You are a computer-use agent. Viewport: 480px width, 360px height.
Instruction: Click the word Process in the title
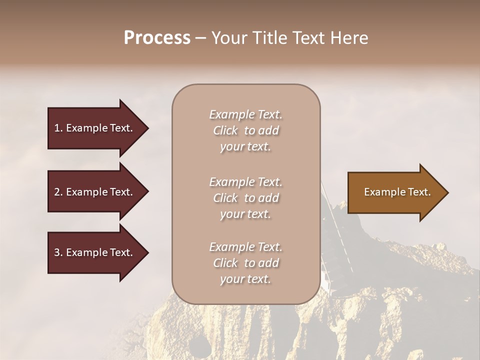[x=157, y=38]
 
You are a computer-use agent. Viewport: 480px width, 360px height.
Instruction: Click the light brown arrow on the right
[x=395, y=192]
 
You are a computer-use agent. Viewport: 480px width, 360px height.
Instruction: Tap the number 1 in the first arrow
[x=57, y=128]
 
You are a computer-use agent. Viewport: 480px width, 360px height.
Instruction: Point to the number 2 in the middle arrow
[x=57, y=192]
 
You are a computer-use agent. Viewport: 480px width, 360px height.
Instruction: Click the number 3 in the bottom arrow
[x=57, y=252]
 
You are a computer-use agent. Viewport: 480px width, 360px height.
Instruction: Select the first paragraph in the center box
[x=246, y=130]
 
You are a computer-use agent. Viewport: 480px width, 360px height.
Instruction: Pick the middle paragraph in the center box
[x=246, y=198]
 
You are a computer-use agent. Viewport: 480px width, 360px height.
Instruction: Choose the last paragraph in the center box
[x=246, y=263]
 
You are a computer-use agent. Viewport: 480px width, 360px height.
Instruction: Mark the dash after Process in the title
[x=200, y=38]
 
